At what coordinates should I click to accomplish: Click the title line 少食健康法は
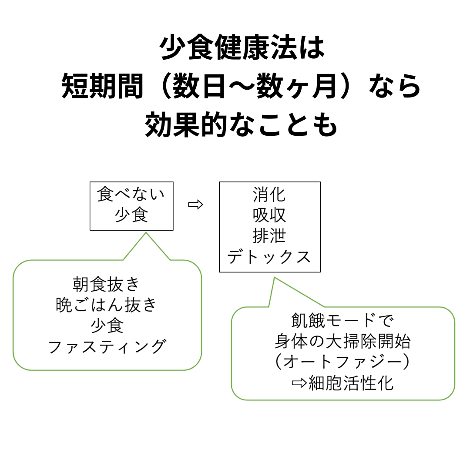pyautogui.click(x=242, y=47)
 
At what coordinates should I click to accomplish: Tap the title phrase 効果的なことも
pyautogui.click(x=241, y=125)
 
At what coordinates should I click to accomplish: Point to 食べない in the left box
pyautogui.click(x=131, y=194)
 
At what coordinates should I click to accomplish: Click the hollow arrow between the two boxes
pyautogui.click(x=195, y=205)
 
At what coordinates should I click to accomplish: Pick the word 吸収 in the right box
pyautogui.click(x=269, y=215)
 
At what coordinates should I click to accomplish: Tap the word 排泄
pyautogui.click(x=269, y=236)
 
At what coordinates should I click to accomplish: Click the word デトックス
pyautogui.click(x=269, y=257)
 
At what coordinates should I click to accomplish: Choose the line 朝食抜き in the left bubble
pyautogui.click(x=107, y=284)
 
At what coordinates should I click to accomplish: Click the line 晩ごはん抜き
pyautogui.click(x=107, y=305)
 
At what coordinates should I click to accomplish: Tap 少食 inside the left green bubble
pyautogui.click(x=107, y=326)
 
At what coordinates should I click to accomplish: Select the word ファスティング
pyautogui.click(x=107, y=347)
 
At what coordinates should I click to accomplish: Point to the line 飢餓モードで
pyautogui.click(x=343, y=320)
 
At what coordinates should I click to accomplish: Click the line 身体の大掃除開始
pyautogui.click(x=343, y=341)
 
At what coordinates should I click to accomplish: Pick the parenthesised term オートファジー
pyautogui.click(x=342, y=362)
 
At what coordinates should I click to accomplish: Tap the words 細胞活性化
pyautogui.click(x=351, y=383)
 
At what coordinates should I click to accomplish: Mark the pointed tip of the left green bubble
pyautogui.click(x=146, y=232)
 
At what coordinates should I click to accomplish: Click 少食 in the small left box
pyautogui.click(x=131, y=215)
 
